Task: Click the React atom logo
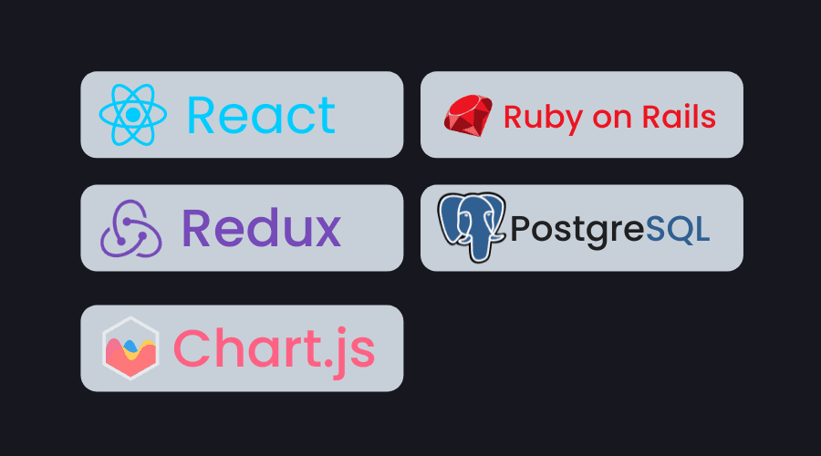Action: (x=133, y=115)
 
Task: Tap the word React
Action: (x=261, y=116)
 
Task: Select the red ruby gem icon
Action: (x=469, y=116)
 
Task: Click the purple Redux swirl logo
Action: (x=130, y=228)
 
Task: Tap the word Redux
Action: (x=261, y=228)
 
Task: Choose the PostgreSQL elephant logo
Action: (x=471, y=226)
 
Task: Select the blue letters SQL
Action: (x=678, y=228)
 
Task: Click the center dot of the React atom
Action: (x=133, y=115)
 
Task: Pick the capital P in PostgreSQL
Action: (x=520, y=228)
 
